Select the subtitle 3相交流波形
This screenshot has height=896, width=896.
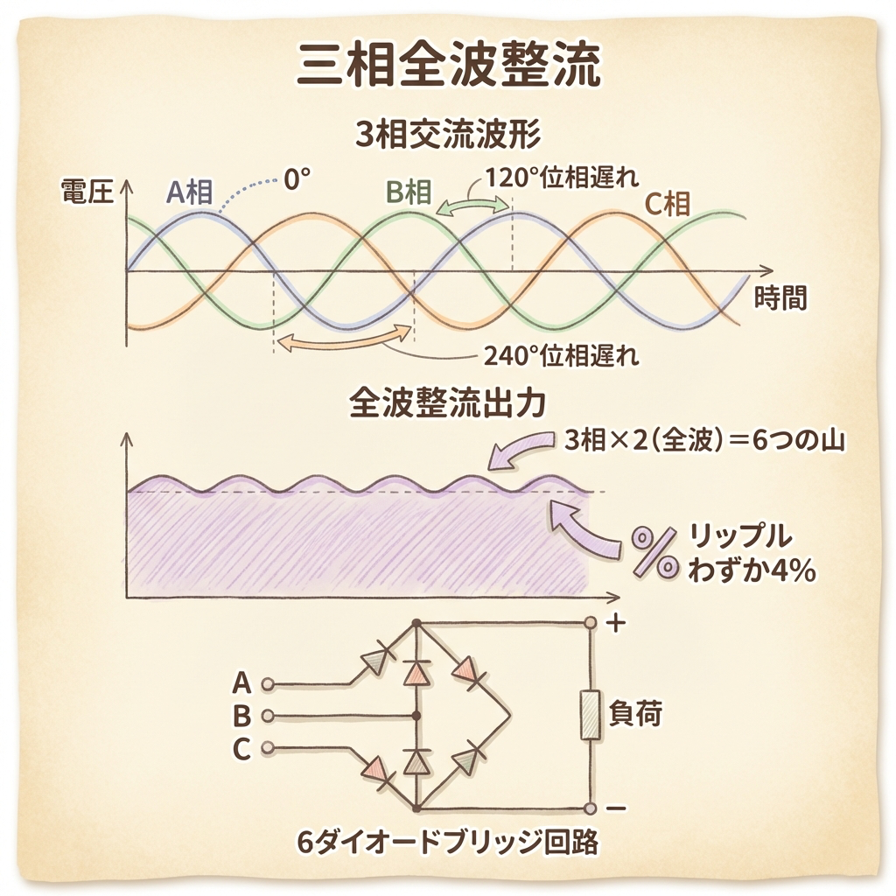[x=448, y=136]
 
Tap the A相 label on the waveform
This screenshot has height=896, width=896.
[x=190, y=192]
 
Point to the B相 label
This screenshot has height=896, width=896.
[x=409, y=192]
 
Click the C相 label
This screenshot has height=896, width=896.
[x=667, y=205]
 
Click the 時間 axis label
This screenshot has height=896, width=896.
[x=780, y=298]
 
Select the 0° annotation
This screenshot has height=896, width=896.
[x=297, y=180]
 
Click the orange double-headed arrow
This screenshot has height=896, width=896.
[x=342, y=341]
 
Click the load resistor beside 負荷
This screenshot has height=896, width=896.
[x=591, y=716]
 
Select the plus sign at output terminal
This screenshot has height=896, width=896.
[x=617, y=624]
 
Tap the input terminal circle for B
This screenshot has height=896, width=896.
[x=268, y=716]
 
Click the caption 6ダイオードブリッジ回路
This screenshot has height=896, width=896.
[x=448, y=843]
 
